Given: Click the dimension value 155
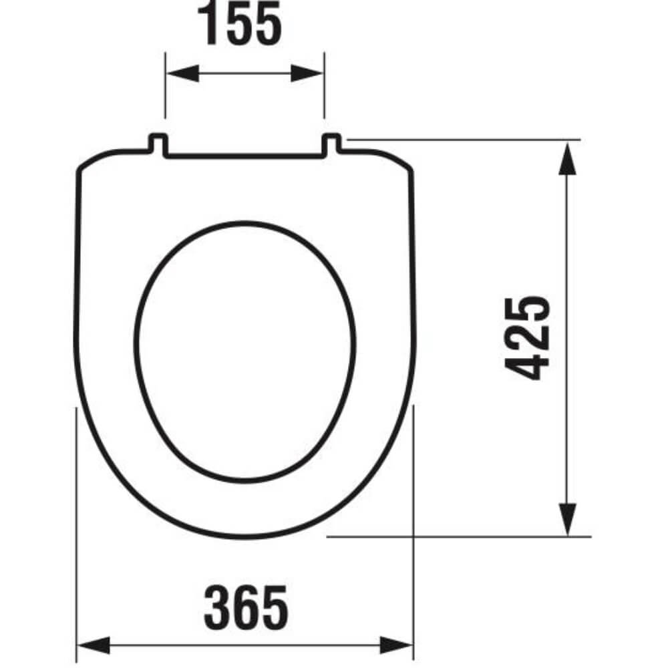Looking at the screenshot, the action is coord(239,23).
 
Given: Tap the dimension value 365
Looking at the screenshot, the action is coord(246,607).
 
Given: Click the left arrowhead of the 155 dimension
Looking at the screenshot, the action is coord(182,73).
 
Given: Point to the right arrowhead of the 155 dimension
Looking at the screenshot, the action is coord(307,73).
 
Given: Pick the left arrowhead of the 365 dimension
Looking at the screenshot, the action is coord(93,645).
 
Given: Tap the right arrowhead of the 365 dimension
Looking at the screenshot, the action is coord(397,645).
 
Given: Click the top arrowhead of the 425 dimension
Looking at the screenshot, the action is coord(567,159).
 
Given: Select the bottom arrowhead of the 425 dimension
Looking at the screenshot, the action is coord(567,519).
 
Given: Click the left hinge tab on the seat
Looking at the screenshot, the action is coord(158,144).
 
